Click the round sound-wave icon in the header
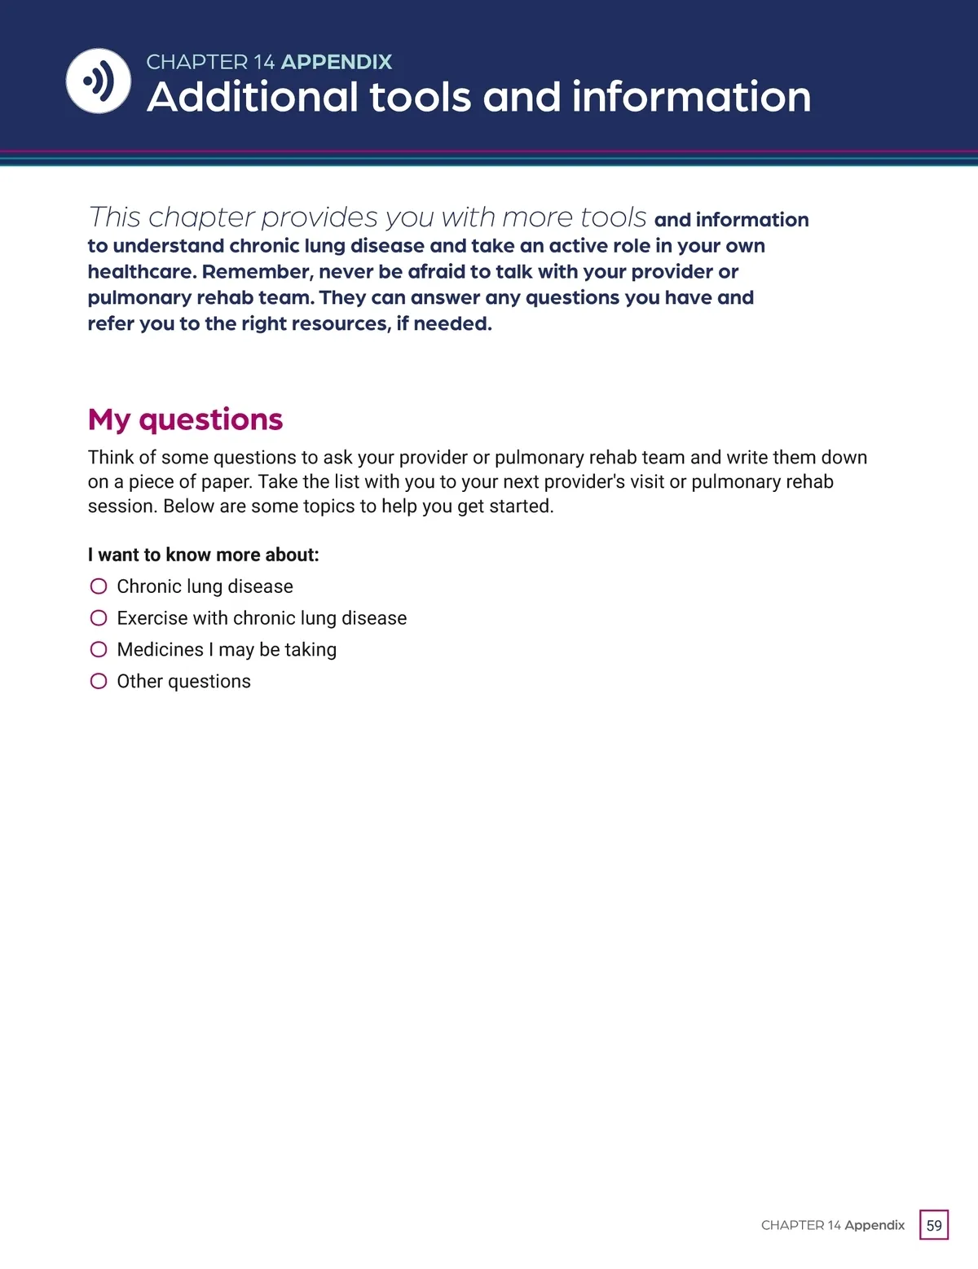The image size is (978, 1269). tap(98, 81)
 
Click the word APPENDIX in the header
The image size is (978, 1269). tap(337, 62)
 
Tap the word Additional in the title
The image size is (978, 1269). tap(252, 98)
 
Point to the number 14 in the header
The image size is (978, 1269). tap(264, 62)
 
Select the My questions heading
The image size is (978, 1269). tap(185, 419)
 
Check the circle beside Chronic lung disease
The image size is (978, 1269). tap(99, 586)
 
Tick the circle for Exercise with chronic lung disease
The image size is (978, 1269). tap(99, 618)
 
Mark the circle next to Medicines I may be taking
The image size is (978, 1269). tap(99, 649)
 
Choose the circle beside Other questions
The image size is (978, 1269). tap(99, 681)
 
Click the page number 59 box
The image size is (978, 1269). tap(934, 1225)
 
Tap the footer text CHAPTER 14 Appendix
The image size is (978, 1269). tap(832, 1225)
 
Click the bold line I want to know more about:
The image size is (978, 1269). tap(203, 555)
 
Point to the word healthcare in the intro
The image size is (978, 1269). tap(141, 272)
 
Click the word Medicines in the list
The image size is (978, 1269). tap(160, 649)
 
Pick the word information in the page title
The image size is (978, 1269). tap(691, 98)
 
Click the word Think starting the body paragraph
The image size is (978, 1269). tap(111, 457)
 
